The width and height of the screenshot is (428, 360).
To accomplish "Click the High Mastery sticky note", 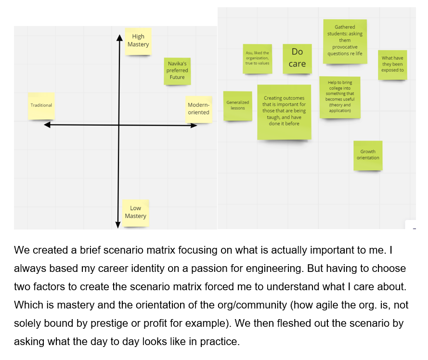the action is pyautogui.click(x=138, y=41).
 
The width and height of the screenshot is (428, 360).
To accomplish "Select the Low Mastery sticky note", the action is pyautogui.click(x=135, y=212).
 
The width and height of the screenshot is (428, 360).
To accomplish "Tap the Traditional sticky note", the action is pyautogui.click(x=41, y=105).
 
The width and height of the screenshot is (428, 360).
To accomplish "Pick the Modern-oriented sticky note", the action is pyautogui.click(x=198, y=109).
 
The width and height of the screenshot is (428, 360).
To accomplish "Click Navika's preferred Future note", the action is pyautogui.click(x=177, y=70).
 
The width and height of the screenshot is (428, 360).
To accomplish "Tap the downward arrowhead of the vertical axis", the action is pyautogui.click(x=118, y=224).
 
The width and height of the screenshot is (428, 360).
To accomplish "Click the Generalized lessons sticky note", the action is pyautogui.click(x=238, y=105).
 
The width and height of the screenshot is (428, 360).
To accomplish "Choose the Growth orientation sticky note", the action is pyautogui.click(x=368, y=155).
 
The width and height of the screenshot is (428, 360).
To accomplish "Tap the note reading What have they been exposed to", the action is pyautogui.click(x=392, y=64).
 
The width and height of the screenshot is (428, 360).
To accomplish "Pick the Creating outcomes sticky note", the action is pyautogui.click(x=284, y=111).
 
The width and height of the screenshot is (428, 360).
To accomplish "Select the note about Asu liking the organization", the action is pyautogui.click(x=258, y=58).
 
